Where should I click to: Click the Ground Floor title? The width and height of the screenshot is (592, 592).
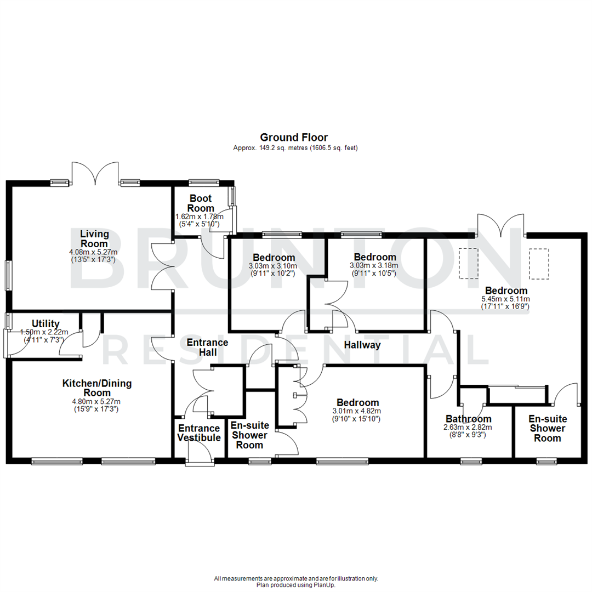(x=294, y=137)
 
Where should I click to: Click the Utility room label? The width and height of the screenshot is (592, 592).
(x=45, y=324)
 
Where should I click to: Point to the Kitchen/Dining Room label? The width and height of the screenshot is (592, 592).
(x=96, y=388)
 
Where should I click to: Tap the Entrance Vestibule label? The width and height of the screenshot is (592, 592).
(x=198, y=432)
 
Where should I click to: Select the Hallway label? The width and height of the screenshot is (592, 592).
(x=362, y=345)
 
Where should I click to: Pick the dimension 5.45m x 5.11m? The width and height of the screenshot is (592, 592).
(x=505, y=299)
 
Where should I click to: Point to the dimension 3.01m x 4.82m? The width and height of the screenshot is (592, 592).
(x=356, y=411)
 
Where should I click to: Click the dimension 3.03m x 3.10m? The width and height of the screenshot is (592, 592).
(x=273, y=266)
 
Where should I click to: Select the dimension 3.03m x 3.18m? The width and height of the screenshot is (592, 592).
(x=375, y=266)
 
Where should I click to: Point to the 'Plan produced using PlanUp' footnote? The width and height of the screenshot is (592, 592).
(x=296, y=585)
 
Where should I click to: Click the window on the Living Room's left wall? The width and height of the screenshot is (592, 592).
(x=8, y=275)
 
